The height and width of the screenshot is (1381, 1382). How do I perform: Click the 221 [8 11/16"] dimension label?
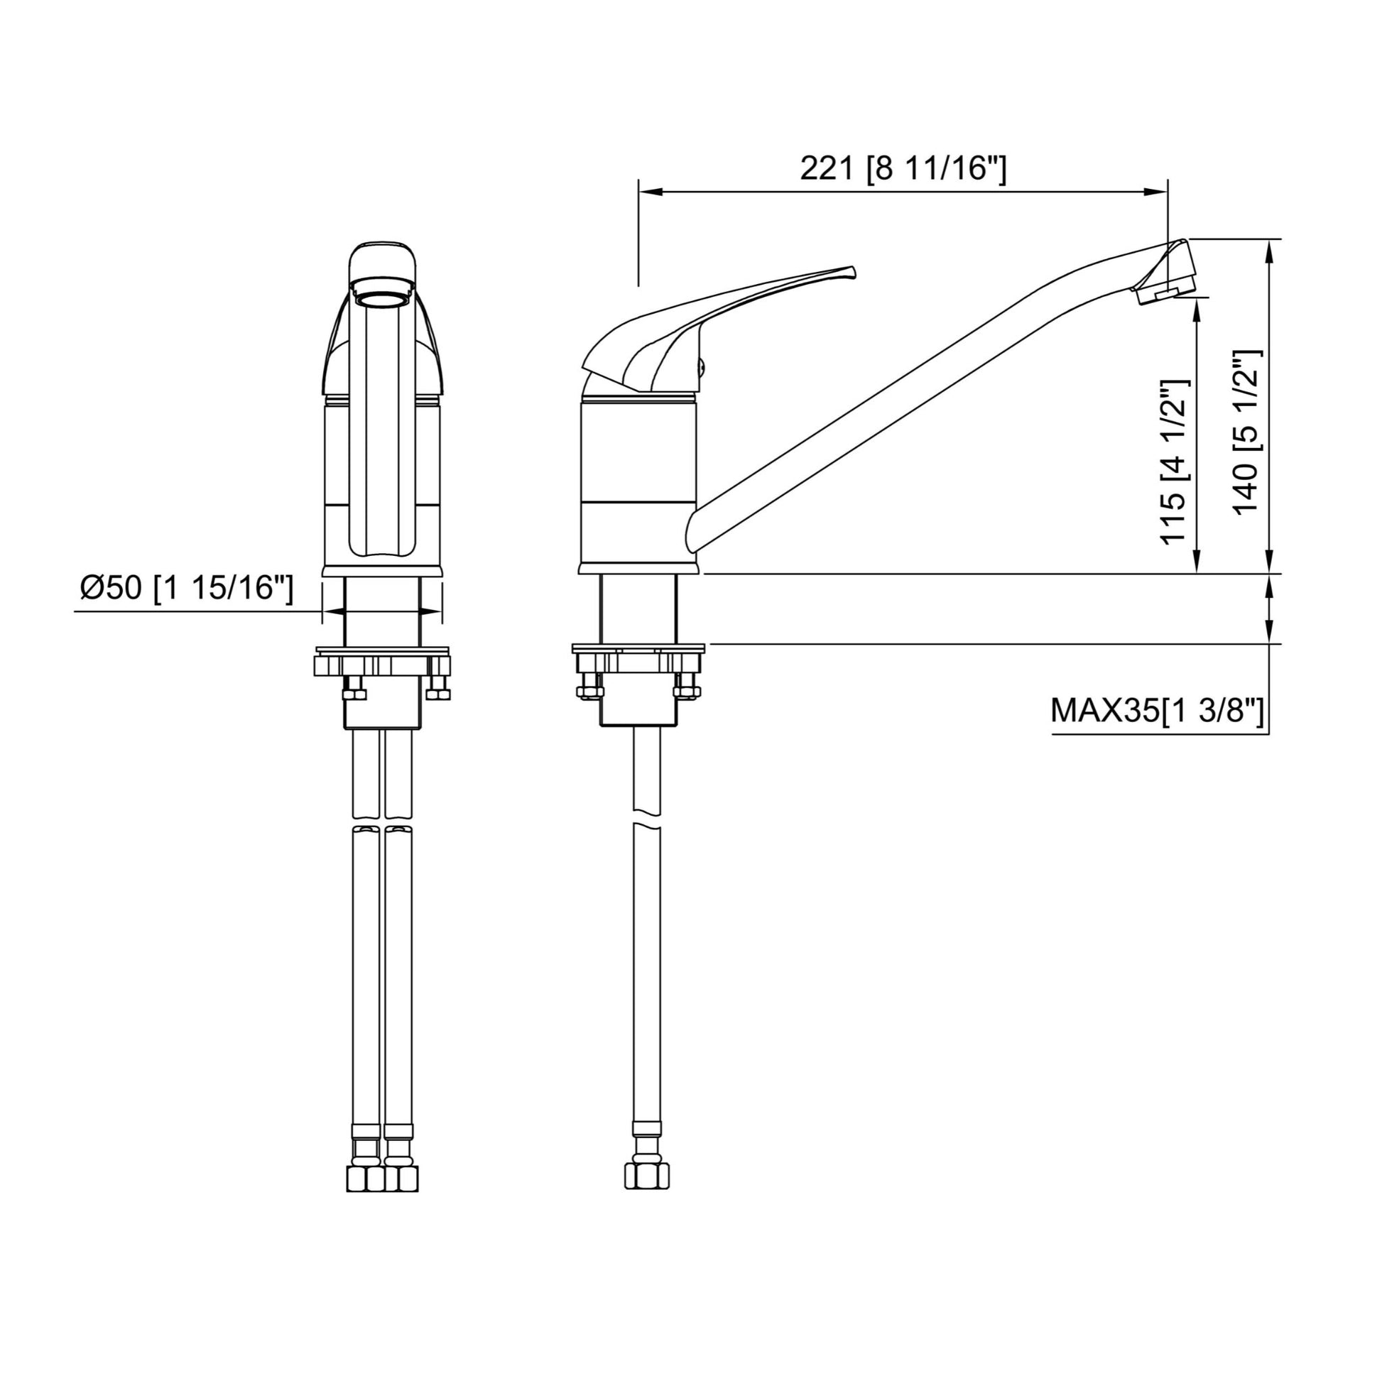pyautogui.click(x=903, y=169)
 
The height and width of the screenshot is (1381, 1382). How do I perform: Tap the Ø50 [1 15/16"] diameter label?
pyautogui.click(x=187, y=589)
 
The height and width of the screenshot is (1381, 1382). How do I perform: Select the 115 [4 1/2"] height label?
pyautogui.click(x=1174, y=462)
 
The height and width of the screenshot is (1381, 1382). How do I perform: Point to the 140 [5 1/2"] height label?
pyautogui.click(x=1248, y=431)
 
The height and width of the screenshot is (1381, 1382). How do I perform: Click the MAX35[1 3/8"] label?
pyautogui.click(x=1157, y=711)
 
